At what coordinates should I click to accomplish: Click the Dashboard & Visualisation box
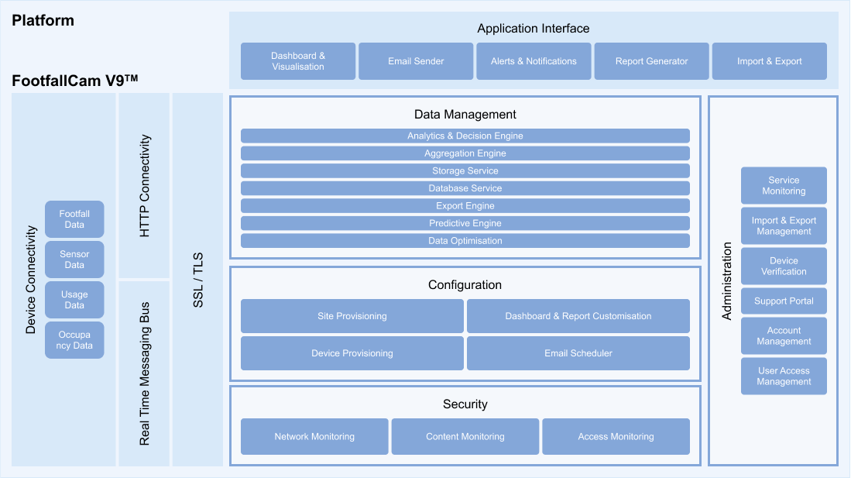[x=298, y=61]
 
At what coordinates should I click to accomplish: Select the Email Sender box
[x=416, y=61]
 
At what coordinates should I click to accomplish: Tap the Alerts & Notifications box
[x=534, y=61]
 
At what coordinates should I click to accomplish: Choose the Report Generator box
[x=651, y=61]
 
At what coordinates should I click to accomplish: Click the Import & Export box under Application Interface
[x=769, y=61]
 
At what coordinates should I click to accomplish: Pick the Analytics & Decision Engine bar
[x=465, y=136]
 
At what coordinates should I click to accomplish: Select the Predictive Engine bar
[x=465, y=223]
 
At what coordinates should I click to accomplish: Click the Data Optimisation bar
[x=465, y=241]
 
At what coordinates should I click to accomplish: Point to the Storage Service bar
[x=465, y=170]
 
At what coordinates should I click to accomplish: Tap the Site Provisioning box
[x=352, y=316]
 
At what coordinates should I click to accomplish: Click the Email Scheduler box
[x=578, y=353]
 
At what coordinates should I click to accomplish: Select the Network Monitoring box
[x=314, y=436]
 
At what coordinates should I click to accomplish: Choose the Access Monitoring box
[x=616, y=436]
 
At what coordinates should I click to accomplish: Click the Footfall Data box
[x=74, y=219]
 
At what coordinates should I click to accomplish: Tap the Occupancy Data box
[x=74, y=340]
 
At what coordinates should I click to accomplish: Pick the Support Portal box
[x=784, y=301]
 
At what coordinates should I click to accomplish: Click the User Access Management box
[x=784, y=377]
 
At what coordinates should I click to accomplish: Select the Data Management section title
[x=465, y=114]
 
